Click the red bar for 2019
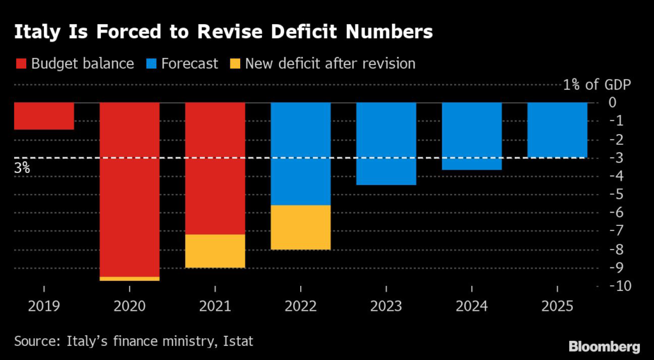tap(43, 116)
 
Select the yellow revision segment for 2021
tap(215, 251)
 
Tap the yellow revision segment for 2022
tap(301, 227)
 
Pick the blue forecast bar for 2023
tap(386, 144)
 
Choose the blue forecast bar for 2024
tap(471, 136)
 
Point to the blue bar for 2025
tap(557, 130)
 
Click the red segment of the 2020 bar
tap(130, 190)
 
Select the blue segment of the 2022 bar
tap(301, 154)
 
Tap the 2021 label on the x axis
tap(215, 306)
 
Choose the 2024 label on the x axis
tap(471, 306)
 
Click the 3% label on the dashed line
tap(22, 169)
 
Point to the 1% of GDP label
tap(597, 85)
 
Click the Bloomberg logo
tap(604, 347)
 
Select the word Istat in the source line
tap(238, 341)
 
